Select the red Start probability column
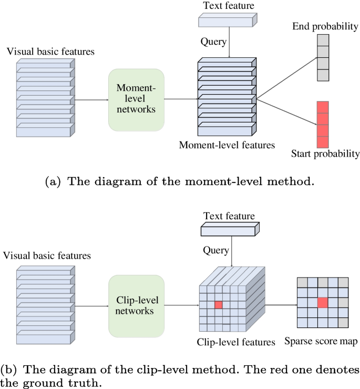323,125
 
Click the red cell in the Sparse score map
323,302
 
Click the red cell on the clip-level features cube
218,304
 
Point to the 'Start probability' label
325,154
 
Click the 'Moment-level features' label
227,145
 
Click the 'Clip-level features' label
235,342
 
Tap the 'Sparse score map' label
321,341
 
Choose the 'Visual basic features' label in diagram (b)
47,256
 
